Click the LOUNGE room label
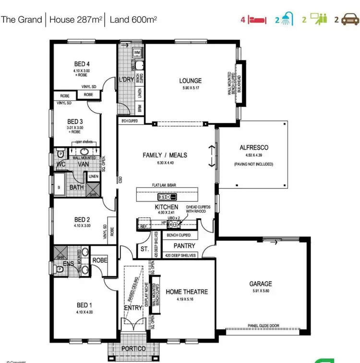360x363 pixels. (x=190, y=81)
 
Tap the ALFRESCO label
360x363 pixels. (x=253, y=148)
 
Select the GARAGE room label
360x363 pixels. (x=260, y=283)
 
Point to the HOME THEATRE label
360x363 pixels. (x=187, y=292)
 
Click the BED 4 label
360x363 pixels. (x=82, y=64)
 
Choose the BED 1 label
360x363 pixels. (x=83, y=305)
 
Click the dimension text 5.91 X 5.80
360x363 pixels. (x=260, y=291)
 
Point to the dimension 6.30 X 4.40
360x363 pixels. (x=165, y=163)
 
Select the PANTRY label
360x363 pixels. (x=184, y=246)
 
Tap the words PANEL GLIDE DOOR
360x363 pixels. (x=263, y=326)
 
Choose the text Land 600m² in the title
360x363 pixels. (x=133, y=20)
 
